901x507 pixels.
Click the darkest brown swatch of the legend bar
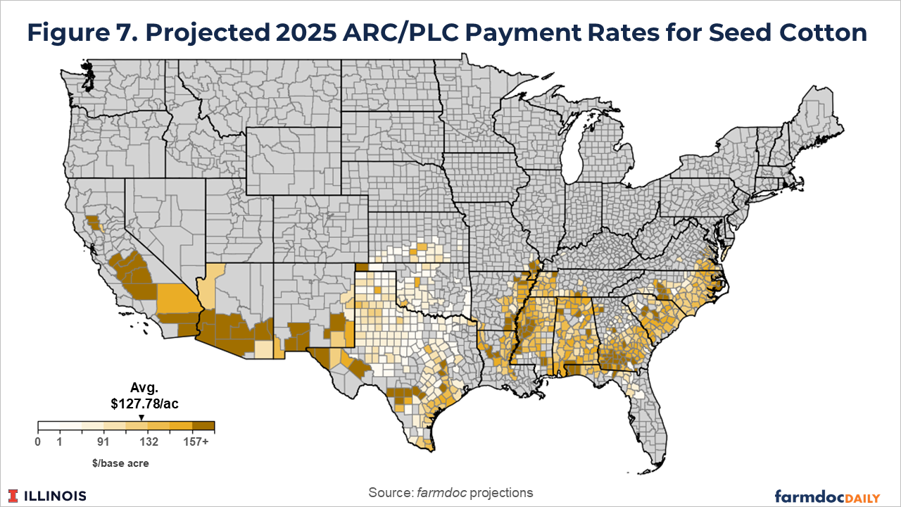point(204,426)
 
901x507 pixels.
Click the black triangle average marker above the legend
point(141,417)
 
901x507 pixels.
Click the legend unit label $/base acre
point(126,463)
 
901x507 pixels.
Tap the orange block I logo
point(15,495)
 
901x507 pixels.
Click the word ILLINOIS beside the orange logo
point(56,496)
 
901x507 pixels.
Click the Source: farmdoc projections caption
point(450,492)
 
